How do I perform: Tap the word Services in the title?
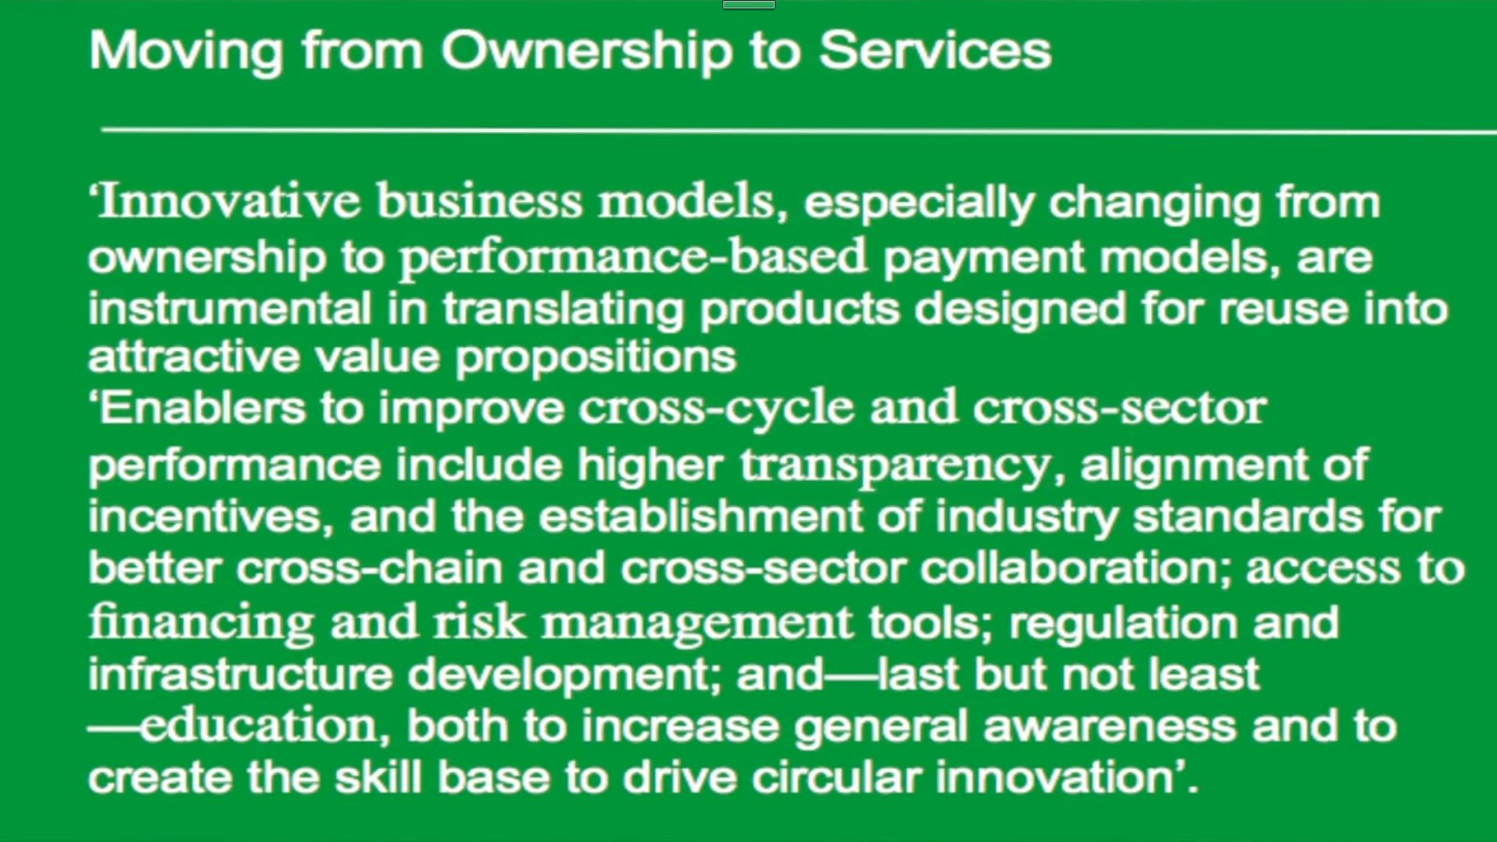tap(936, 51)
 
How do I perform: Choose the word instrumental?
tap(230, 308)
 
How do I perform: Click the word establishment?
tap(701, 515)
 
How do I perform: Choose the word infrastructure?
tap(240, 673)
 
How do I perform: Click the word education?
tap(266, 725)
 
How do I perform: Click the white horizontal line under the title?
tap(799, 130)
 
